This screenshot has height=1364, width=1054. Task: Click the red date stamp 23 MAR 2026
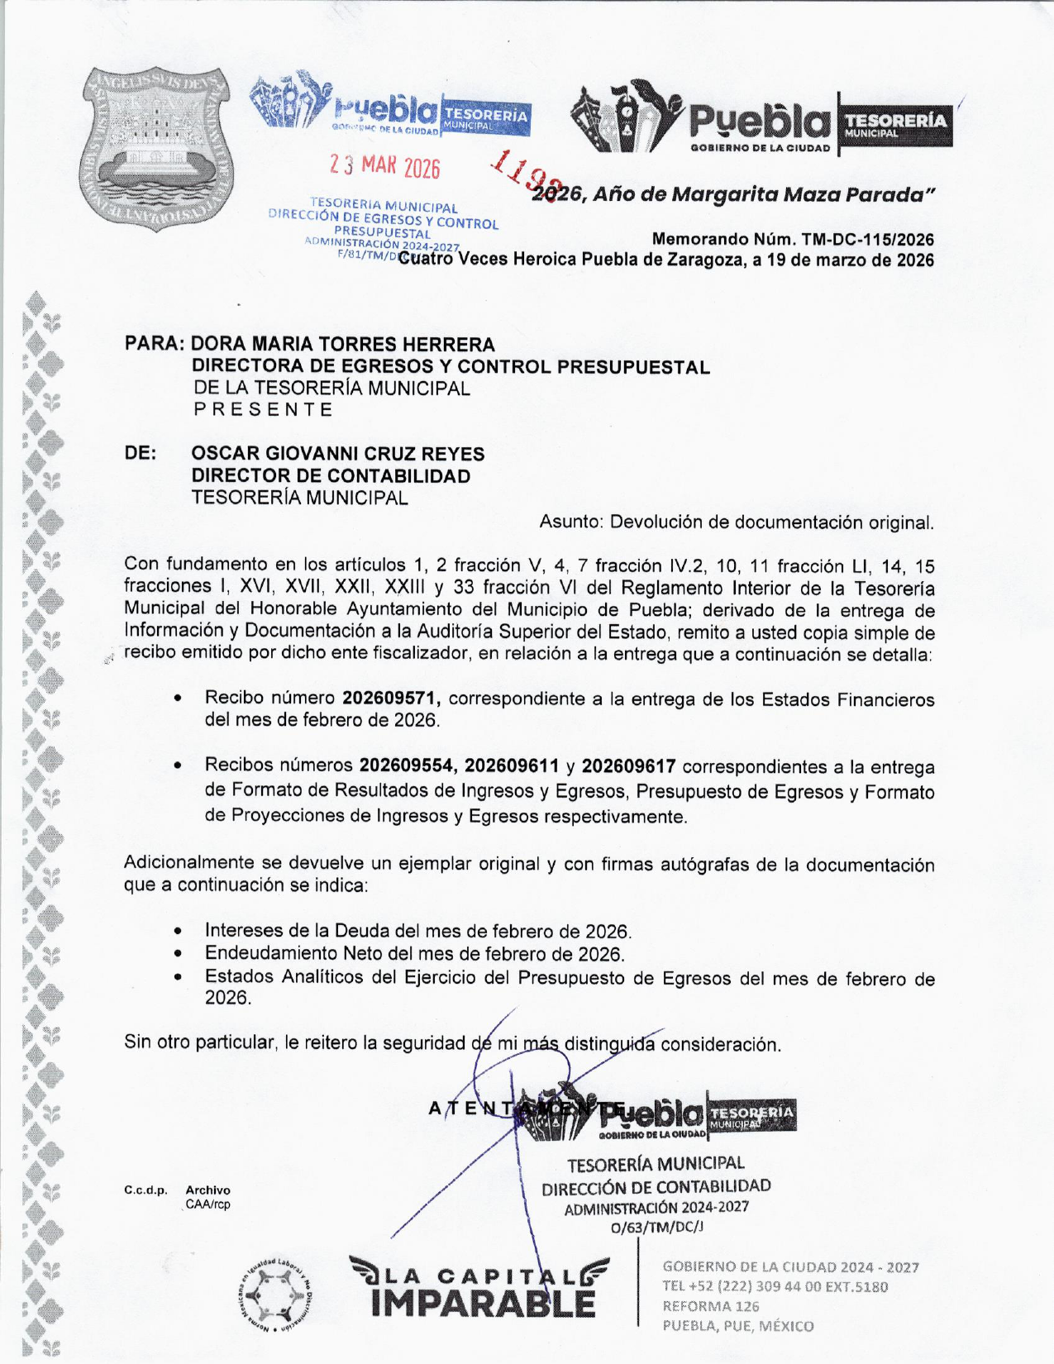click(x=384, y=166)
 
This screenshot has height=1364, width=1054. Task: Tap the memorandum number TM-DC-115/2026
click(x=867, y=240)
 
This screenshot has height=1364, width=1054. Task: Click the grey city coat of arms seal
click(x=159, y=149)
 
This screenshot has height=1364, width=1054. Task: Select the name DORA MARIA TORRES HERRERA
click(x=343, y=344)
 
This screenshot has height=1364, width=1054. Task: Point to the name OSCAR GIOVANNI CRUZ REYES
click(x=337, y=454)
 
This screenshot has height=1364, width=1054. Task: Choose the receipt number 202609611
click(x=512, y=767)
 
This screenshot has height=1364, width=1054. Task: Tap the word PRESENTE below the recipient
click(x=263, y=410)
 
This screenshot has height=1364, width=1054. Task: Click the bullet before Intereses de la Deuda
click(x=179, y=932)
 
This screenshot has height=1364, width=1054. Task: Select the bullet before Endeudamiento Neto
click(x=179, y=954)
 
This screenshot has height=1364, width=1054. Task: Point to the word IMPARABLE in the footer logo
click(x=484, y=1304)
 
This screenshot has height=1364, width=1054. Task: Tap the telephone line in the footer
click(x=775, y=1286)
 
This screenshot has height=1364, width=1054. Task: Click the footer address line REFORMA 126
click(x=710, y=1306)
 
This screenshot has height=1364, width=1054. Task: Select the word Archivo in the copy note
click(x=207, y=1190)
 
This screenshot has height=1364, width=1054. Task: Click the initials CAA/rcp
click(x=207, y=1204)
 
